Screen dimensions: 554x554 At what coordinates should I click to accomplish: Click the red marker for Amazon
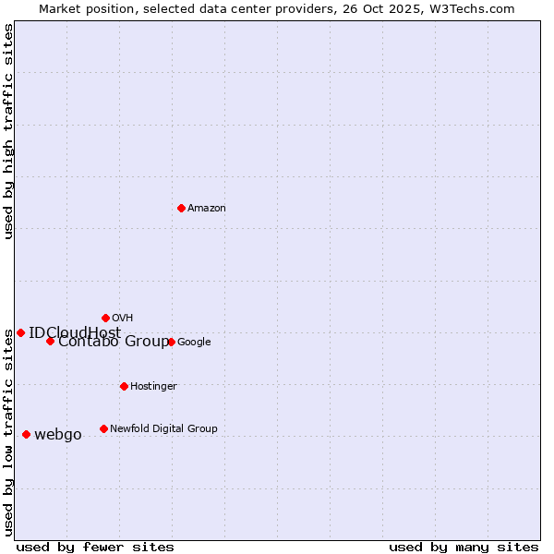pyautogui.click(x=181, y=208)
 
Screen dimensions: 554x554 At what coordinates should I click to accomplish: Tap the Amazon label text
pyautogui.click(x=206, y=209)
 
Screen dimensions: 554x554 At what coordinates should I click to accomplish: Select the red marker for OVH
pyautogui.click(x=105, y=318)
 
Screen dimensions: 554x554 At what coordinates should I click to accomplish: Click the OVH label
pyautogui.click(x=122, y=319)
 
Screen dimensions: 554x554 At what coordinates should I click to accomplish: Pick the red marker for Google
pyautogui.click(x=171, y=342)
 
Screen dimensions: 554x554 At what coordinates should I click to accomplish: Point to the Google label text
pyautogui.click(x=194, y=343)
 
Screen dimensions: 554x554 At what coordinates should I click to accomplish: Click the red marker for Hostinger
pyautogui.click(x=124, y=386)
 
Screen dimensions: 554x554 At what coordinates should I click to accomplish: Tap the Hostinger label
pyautogui.click(x=153, y=387)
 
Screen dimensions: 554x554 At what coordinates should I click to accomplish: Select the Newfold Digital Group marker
pyautogui.click(x=103, y=428)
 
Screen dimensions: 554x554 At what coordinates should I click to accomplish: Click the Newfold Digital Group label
pyautogui.click(x=163, y=428)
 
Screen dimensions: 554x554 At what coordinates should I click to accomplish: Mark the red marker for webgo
pyautogui.click(x=26, y=434)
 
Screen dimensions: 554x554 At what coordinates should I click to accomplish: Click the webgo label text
pyautogui.click(x=57, y=435)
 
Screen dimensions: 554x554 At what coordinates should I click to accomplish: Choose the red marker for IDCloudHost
pyautogui.click(x=20, y=332)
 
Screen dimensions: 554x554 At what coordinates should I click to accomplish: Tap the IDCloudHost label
pyautogui.click(x=74, y=333)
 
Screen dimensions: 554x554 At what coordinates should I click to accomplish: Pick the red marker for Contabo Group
pyautogui.click(x=50, y=341)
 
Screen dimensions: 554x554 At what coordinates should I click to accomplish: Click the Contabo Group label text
pyautogui.click(x=113, y=342)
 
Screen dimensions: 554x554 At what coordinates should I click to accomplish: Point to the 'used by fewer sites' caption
pyautogui.click(x=95, y=547)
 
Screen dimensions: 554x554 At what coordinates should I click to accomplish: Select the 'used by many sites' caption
pyautogui.click(x=464, y=547)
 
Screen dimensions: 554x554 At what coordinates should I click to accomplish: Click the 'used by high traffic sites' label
pyautogui.click(x=8, y=131)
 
